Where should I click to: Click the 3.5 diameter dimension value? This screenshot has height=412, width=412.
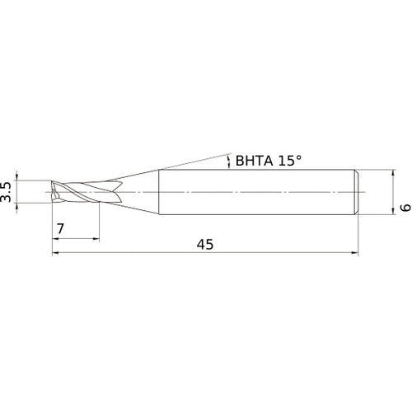[8, 192]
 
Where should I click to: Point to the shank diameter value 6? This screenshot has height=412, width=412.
[404, 208]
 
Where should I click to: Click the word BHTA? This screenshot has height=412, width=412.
[255, 160]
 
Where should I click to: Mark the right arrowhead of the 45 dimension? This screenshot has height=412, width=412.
[356, 254]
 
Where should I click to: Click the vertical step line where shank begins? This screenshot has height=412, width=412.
[159, 192]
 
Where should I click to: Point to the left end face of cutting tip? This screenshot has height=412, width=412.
[52, 191]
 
